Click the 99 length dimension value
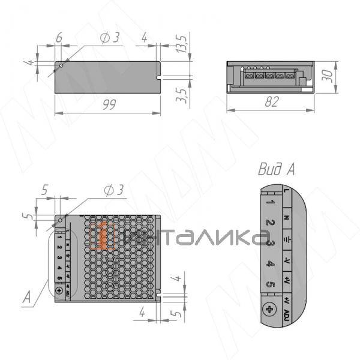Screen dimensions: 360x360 coord(108,104)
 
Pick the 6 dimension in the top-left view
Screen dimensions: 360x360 coord(59,37)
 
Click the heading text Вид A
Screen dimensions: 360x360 coord(276,169)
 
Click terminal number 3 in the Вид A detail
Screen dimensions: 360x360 coord(271,243)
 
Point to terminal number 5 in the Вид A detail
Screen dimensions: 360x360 coord(271,284)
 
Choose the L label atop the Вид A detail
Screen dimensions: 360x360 coord(287,191)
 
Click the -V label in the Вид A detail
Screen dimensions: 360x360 coord(287,262)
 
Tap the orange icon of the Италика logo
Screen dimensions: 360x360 coord(106,235)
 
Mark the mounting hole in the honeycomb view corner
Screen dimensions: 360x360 coord(61,220)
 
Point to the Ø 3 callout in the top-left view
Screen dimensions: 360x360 coord(110,37)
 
